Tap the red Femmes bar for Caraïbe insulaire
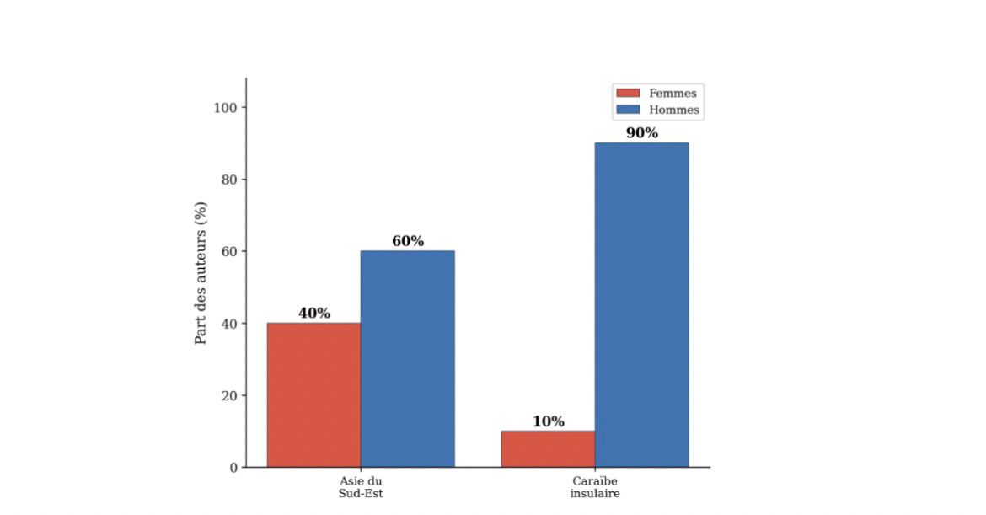[548, 448]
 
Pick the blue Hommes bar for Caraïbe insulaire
[641, 304]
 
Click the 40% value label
[313, 314]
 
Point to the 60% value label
[407, 241]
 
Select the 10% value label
[548, 421]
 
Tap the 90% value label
[641, 133]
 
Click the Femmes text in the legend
[673, 94]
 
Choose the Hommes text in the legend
[674, 110]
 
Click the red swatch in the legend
[629, 94]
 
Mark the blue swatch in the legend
[629, 110]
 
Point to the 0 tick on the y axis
[233, 468]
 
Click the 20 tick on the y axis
[230, 395]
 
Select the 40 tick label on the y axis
[230, 324]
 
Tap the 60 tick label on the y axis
[230, 251]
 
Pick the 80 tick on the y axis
[230, 180]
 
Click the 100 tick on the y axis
[227, 107]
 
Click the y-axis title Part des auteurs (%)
[201, 272]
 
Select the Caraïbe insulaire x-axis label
[594, 487]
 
